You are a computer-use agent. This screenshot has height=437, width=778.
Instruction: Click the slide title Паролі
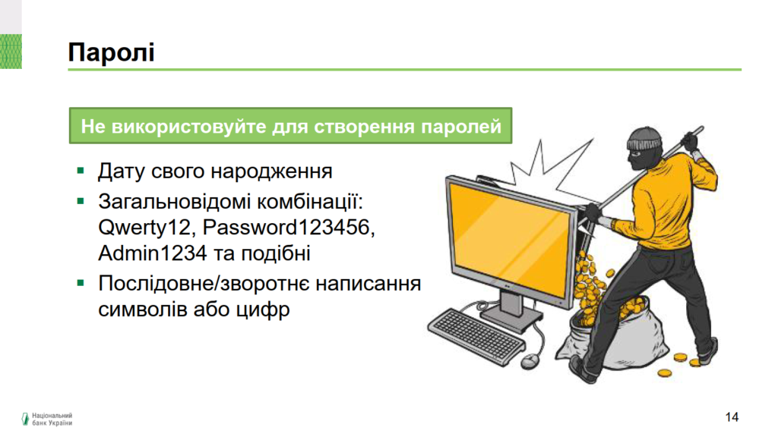click(x=111, y=52)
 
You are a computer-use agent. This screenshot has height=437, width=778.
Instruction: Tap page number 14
click(x=732, y=417)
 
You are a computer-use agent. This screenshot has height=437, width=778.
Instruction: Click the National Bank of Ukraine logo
click(x=47, y=419)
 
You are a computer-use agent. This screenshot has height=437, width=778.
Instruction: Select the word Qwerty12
click(x=144, y=228)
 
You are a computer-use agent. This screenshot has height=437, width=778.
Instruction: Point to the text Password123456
click(x=288, y=228)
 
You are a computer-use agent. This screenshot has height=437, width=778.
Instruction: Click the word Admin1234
click(x=152, y=253)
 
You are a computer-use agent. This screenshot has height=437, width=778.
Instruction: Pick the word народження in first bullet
click(x=271, y=171)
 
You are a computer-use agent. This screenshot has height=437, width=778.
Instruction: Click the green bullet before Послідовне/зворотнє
click(x=81, y=284)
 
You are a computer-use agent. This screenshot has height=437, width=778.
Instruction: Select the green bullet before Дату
click(x=81, y=171)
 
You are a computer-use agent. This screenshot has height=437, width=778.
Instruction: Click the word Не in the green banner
click(x=93, y=127)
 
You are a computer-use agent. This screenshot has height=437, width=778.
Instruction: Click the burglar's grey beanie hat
click(x=644, y=140)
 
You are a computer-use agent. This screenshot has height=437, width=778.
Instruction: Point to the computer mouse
click(x=530, y=360)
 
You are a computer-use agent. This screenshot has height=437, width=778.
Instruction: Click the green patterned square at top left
click(x=11, y=52)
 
